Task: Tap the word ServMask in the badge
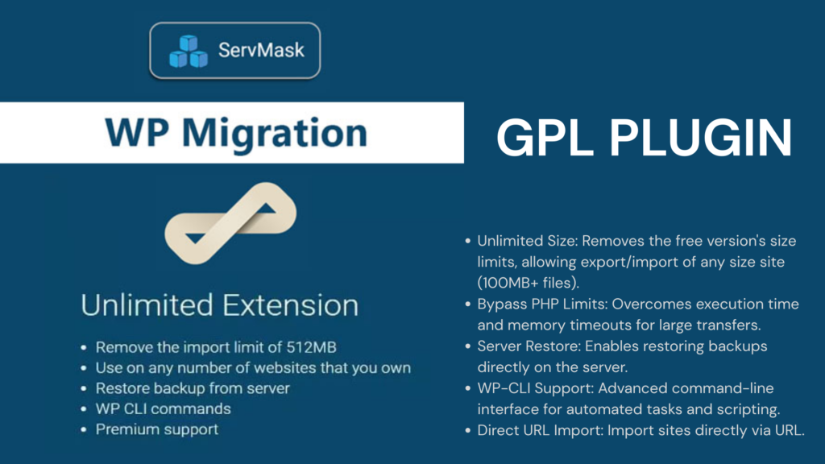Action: point(262,50)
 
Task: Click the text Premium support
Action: point(156,429)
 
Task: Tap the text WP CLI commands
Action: point(163,408)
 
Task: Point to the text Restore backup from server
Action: point(193,388)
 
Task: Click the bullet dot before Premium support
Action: point(84,430)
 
